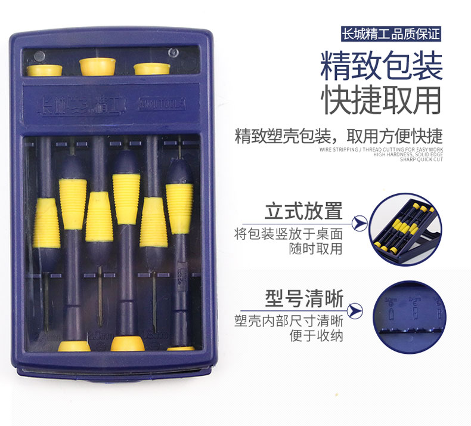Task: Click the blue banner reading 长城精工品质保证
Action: [390, 33]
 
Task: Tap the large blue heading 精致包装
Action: [382, 66]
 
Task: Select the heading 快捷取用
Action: [382, 100]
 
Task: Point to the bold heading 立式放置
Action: [304, 211]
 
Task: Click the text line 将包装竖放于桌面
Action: [289, 233]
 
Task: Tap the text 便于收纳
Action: [316, 335]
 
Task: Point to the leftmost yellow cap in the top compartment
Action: [45, 69]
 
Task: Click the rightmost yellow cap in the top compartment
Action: [152, 68]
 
